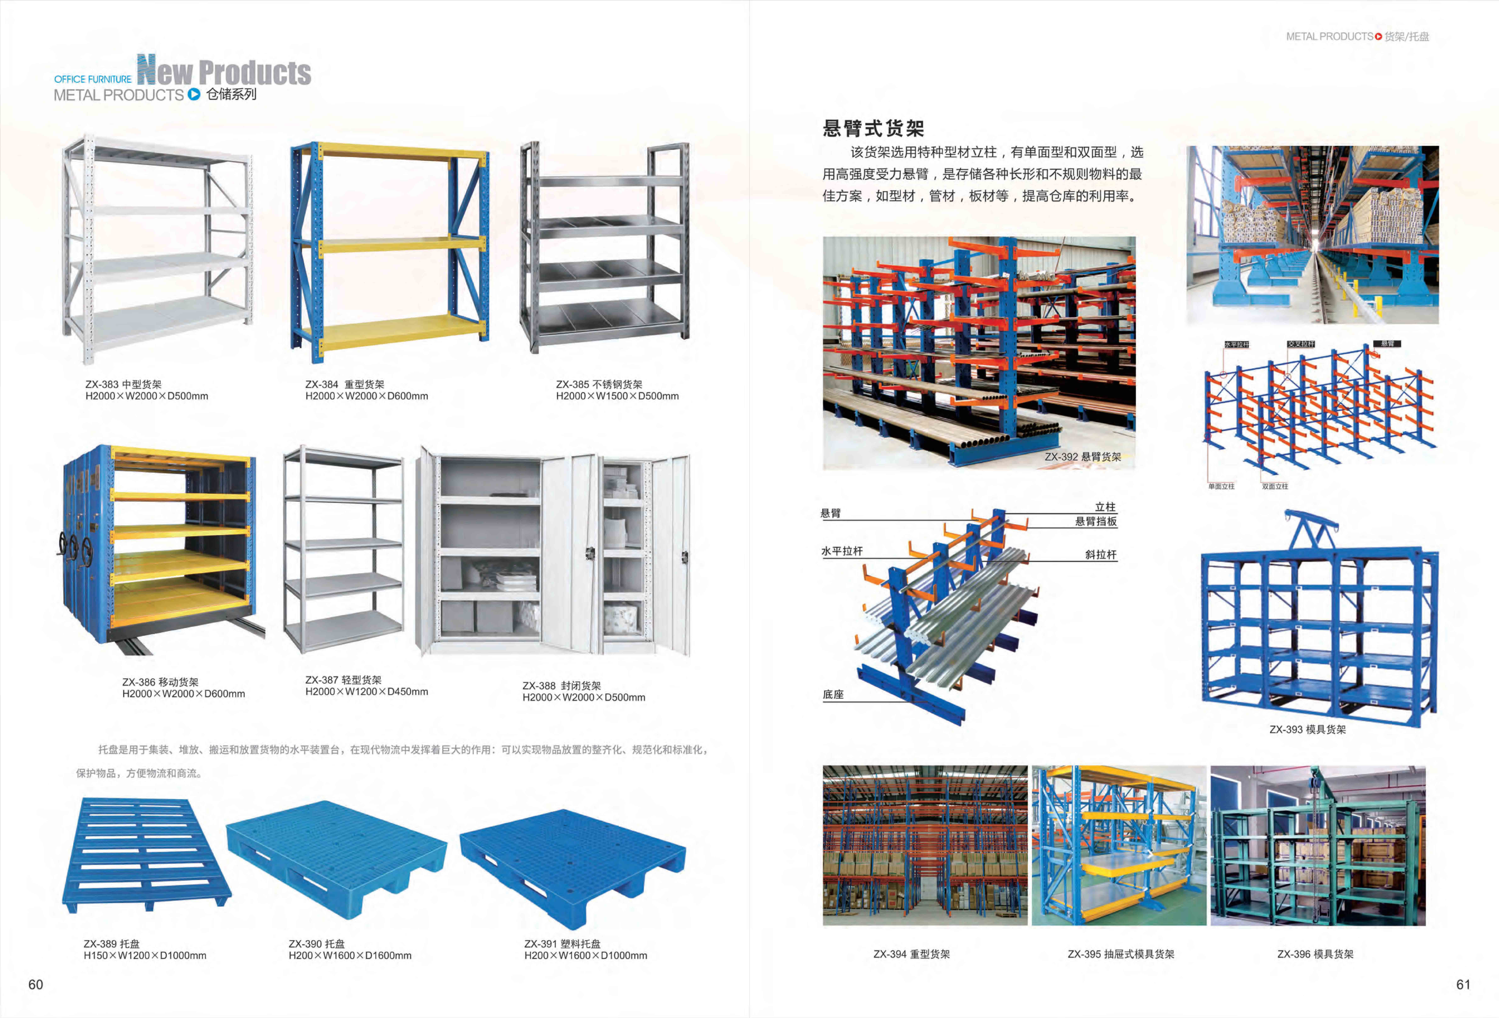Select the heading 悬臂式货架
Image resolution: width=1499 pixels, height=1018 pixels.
pyautogui.click(x=873, y=128)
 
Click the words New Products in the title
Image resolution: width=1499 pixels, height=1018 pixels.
pyautogui.click(x=224, y=71)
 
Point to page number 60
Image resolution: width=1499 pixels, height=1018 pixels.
pyautogui.click(x=35, y=984)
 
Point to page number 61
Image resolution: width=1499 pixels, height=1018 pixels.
pyautogui.click(x=1463, y=984)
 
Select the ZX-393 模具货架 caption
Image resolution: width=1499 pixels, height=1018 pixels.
pyautogui.click(x=1307, y=730)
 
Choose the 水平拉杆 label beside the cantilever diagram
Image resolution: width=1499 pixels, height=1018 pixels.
pyautogui.click(x=842, y=551)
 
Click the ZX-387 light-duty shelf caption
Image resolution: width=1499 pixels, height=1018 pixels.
pyautogui.click(x=343, y=680)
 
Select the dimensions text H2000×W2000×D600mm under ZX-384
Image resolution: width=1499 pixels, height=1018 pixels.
pyautogui.click(x=366, y=396)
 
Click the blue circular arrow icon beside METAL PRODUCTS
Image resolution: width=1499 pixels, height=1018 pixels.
pyautogui.click(x=194, y=94)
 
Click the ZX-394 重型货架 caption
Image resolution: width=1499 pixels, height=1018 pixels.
pyautogui.click(x=911, y=954)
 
